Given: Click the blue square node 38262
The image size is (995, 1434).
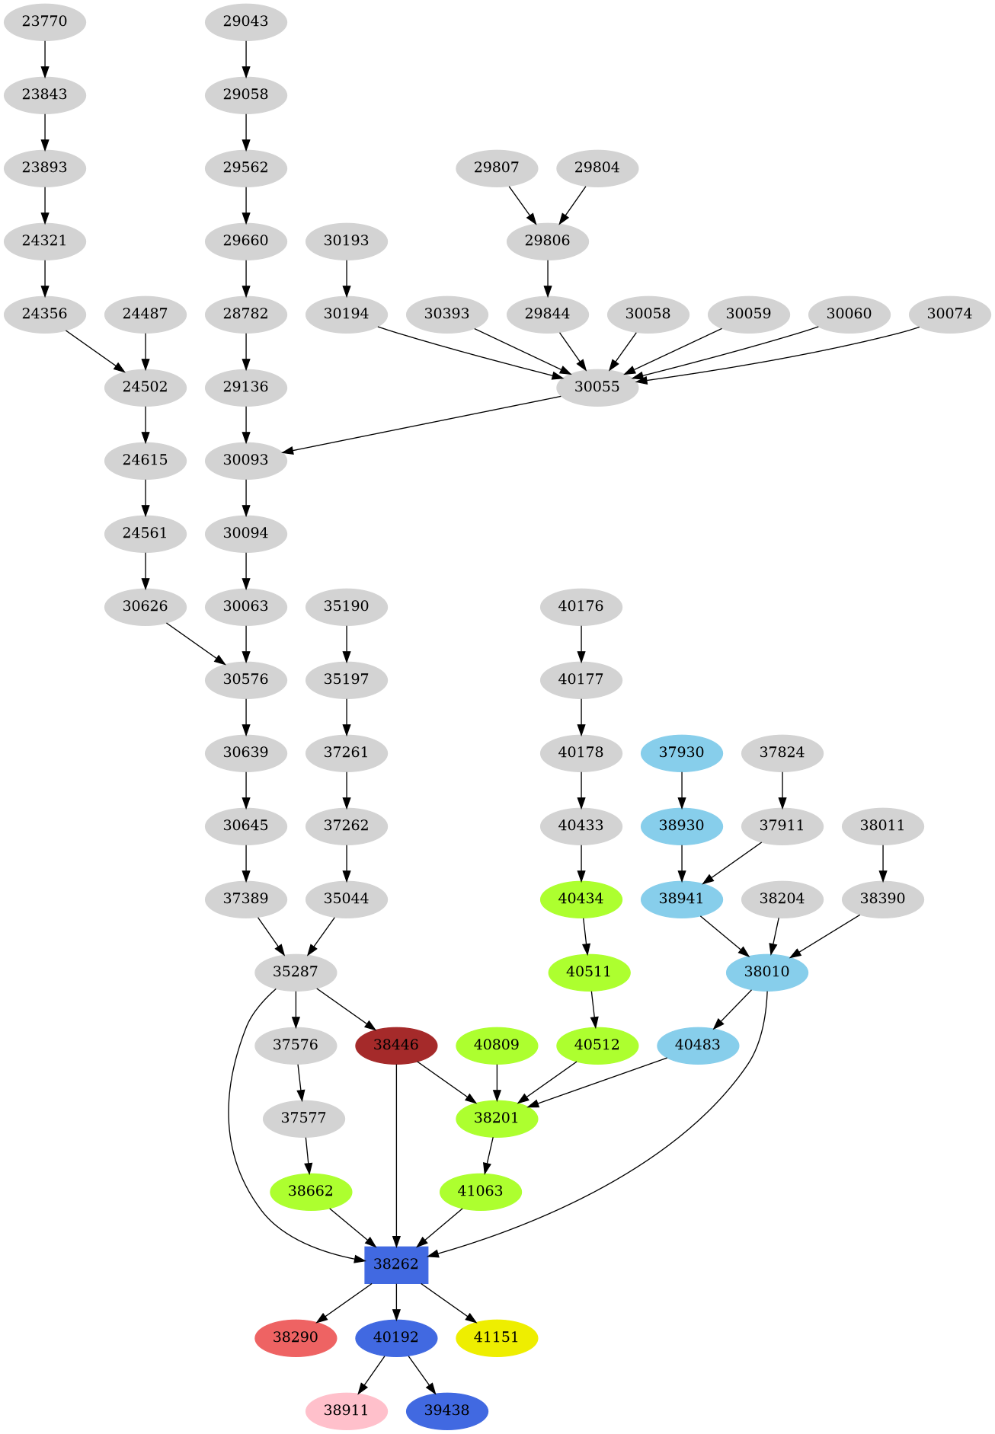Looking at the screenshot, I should pos(396,1264).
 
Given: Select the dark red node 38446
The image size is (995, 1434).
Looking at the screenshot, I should pos(396,1045).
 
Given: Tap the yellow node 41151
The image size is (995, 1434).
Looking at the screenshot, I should pos(497,1337).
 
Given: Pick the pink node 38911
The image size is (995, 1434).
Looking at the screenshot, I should pos(347,1410).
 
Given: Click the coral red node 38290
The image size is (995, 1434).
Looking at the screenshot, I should pos(296,1337).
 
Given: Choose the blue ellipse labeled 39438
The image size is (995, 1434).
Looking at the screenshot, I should pos(447,1410).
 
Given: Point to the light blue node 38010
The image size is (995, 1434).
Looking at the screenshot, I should pos(767,972).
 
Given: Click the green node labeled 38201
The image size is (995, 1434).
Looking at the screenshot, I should pos(497,1118).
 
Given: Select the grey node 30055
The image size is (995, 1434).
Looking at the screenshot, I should pos(597,387).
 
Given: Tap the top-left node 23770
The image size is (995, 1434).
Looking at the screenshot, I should pos(44,21).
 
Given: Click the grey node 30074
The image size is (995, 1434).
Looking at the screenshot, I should pos(949,314).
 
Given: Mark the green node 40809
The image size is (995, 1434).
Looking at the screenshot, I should pos(497,1045).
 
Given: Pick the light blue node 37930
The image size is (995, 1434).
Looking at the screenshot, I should pos(681,752).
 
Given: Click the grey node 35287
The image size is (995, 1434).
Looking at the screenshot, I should pos(296,972).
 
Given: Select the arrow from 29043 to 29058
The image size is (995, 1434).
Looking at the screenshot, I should pos(246,58).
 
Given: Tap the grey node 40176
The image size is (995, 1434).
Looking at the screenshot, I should pos(581,606).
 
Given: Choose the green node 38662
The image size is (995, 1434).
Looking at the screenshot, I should pos(311,1191).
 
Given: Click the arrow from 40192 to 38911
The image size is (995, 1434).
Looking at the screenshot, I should pos(371,1375).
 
